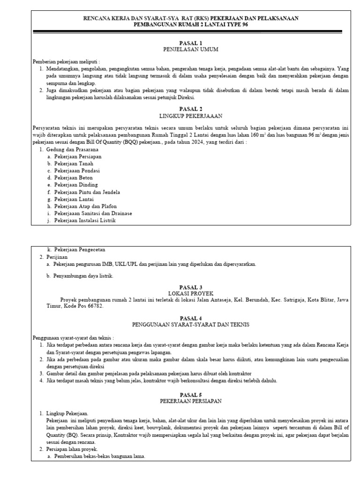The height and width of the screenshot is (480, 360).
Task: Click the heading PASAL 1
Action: coord(191,43)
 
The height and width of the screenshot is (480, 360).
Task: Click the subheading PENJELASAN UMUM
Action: coord(191,49)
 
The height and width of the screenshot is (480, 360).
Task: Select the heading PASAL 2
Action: coord(191,108)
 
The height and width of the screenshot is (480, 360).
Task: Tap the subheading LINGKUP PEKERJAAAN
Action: coord(191,115)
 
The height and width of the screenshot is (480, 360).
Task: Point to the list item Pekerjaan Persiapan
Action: coord(77,156)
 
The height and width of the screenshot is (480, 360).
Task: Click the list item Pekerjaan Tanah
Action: coord(74,164)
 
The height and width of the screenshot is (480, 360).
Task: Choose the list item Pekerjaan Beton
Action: coord(74,178)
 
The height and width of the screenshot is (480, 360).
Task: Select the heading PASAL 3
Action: coord(191,287)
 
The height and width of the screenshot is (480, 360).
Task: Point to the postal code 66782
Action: coord(94,306)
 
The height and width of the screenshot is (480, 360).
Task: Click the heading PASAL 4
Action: coord(191,318)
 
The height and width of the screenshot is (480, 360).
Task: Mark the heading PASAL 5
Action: coord(191,395)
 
